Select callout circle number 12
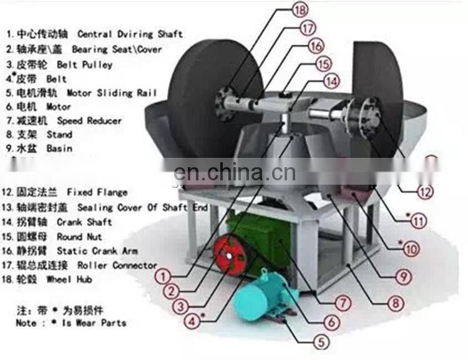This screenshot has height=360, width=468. click(x=425, y=192)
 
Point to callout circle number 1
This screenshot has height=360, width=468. click(x=163, y=275)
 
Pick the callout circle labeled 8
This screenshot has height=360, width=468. click(x=394, y=304)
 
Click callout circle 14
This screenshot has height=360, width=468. click(x=331, y=80)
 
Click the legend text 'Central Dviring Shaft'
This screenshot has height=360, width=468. click(x=129, y=34)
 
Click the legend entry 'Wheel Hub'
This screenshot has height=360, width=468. click(x=69, y=280)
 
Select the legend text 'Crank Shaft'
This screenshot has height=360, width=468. click(x=84, y=221)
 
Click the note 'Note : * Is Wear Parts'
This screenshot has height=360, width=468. click(x=71, y=323)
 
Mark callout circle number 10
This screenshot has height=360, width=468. click(x=410, y=249)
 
